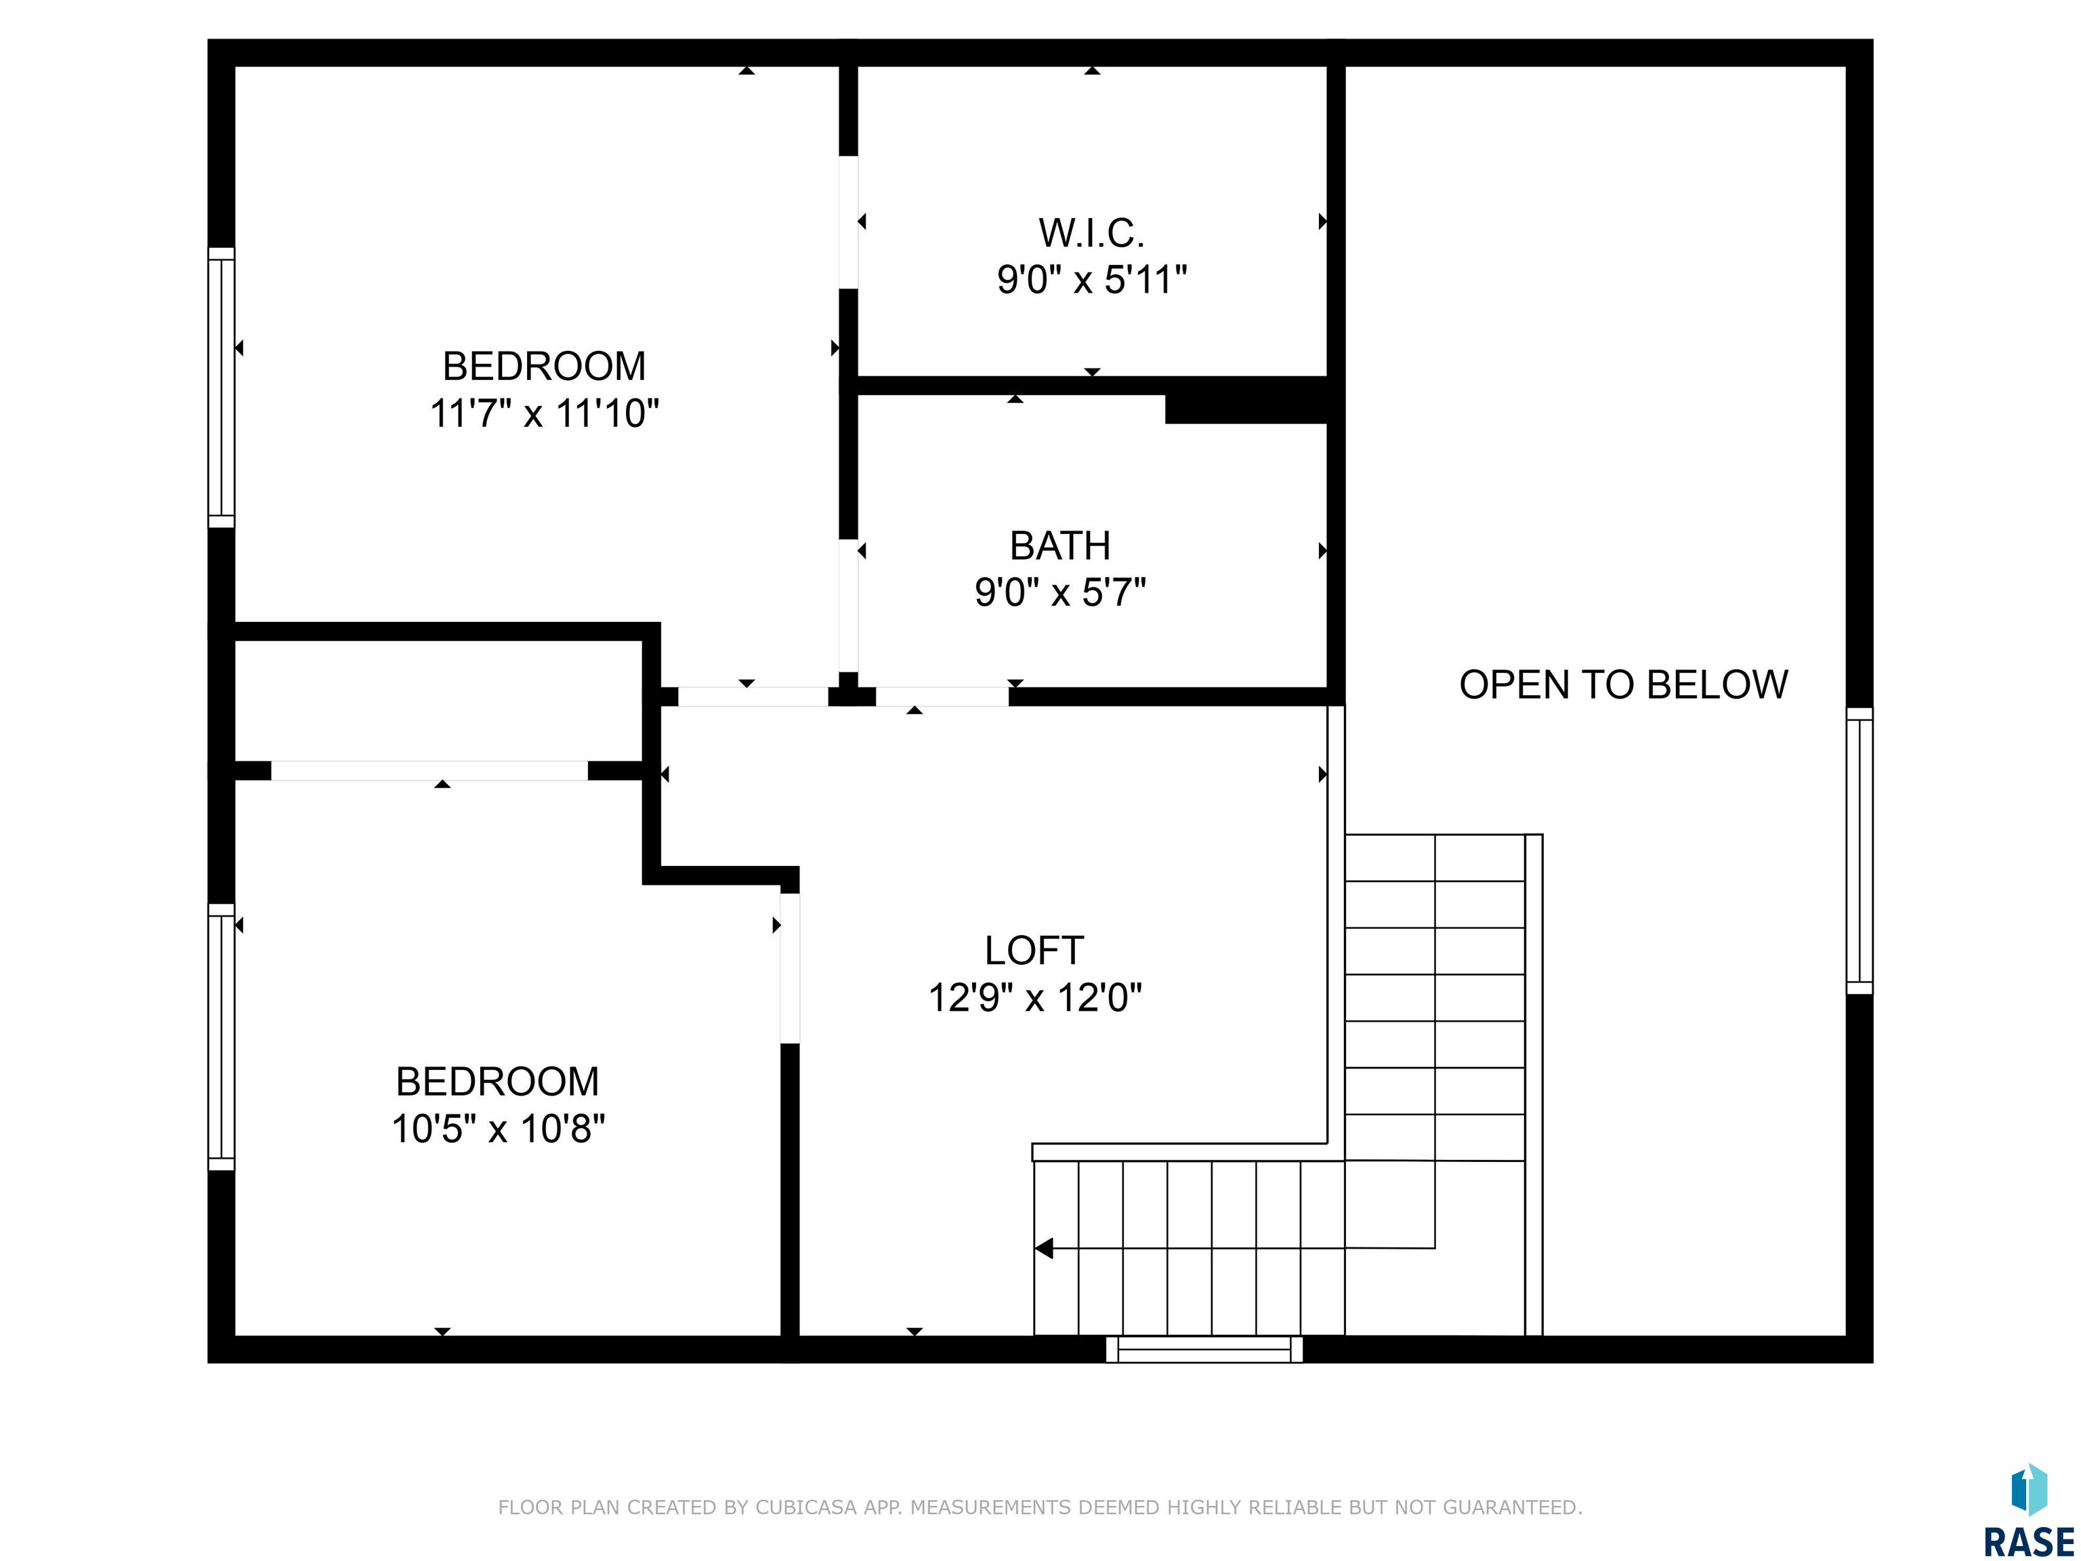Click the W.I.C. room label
click(x=1091, y=232)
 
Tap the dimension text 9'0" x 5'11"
click(x=1091, y=279)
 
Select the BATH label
click(x=1060, y=545)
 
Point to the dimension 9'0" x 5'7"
click(x=1060, y=593)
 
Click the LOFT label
click(x=1034, y=951)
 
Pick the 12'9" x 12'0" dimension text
click(x=1035, y=997)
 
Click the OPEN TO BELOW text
click(x=1623, y=684)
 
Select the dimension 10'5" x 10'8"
click(x=498, y=1128)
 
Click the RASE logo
click(x=2028, y=1513)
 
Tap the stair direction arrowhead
click(x=1043, y=1249)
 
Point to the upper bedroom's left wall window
click(x=221, y=388)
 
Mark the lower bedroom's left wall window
click(x=221, y=1037)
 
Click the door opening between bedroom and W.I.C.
click(x=849, y=222)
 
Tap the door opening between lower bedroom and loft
click(x=791, y=968)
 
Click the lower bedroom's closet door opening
click(x=430, y=770)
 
